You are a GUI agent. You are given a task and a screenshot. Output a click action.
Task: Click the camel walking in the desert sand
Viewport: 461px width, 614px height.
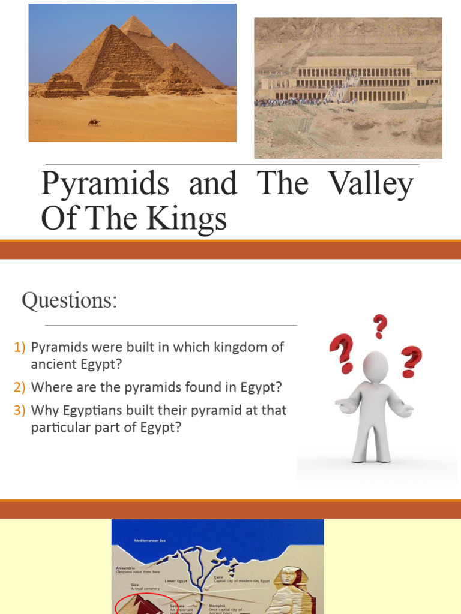tap(94, 122)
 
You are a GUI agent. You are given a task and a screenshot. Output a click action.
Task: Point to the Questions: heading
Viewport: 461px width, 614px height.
tap(69, 300)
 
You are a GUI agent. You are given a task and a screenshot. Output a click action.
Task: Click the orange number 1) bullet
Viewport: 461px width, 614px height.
tap(20, 347)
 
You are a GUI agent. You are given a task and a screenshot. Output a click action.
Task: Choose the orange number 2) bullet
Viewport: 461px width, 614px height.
tap(20, 387)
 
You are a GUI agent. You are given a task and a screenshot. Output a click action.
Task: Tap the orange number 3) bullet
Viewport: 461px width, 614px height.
tap(20, 411)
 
